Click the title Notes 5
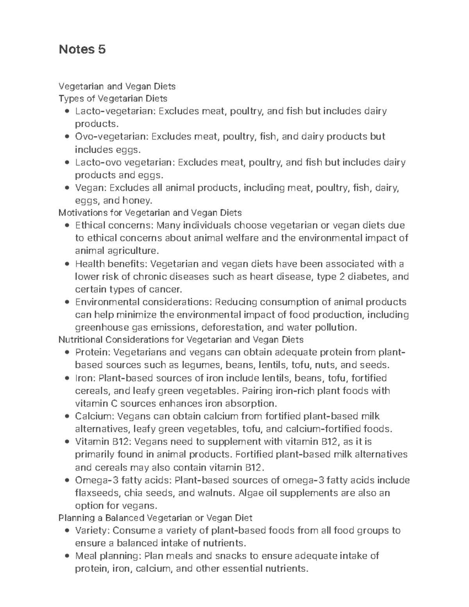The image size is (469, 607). point(82,50)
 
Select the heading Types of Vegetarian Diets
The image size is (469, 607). point(113,98)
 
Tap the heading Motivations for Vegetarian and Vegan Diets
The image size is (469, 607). point(150,213)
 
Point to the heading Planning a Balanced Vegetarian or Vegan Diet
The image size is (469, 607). point(155,518)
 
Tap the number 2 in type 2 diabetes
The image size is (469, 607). point(338,277)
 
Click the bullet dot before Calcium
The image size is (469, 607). point(67,416)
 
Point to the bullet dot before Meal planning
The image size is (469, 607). point(67,556)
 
